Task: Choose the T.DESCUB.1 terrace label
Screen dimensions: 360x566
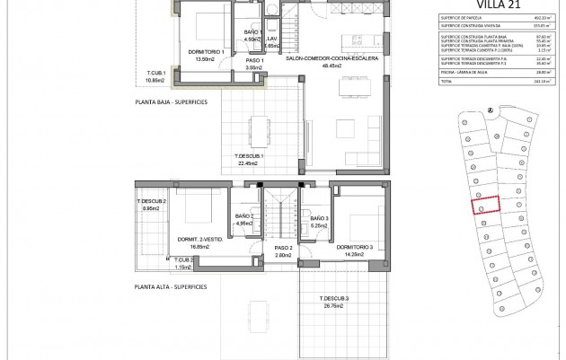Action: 248,158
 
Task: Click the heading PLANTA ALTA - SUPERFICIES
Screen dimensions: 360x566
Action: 170,287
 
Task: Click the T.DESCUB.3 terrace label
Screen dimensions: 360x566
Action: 333,298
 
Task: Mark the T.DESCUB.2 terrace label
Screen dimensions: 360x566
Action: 152,202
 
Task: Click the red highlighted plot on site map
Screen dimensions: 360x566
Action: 485,205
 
